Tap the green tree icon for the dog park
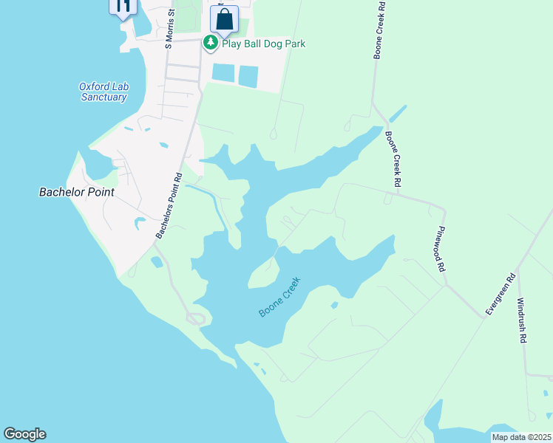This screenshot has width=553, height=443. pyautogui.click(x=211, y=43)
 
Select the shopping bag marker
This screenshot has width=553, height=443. pyautogui.click(x=224, y=19)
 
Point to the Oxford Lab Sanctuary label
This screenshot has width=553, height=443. pyautogui.click(x=104, y=92)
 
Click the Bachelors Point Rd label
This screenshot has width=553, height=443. pyautogui.click(x=169, y=206)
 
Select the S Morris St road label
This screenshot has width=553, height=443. pyautogui.click(x=170, y=28)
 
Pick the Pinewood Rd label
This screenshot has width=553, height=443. pyautogui.click(x=443, y=249)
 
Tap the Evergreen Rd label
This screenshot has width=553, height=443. pyautogui.click(x=500, y=295)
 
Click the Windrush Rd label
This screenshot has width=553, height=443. pyautogui.click(x=521, y=320)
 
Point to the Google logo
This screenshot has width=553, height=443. pyautogui.click(x=24, y=434)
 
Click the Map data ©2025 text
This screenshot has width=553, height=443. pyautogui.click(x=520, y=437)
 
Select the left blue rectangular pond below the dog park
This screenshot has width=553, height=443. pyautogui.click(x=223, y=72)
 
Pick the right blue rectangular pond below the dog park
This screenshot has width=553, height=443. pyautogui.click(x=248, y=75)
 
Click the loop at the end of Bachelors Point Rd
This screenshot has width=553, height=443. pyautogui.click(x=195, y=318)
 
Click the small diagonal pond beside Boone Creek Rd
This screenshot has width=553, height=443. pyautogui.click(x=398, y=114)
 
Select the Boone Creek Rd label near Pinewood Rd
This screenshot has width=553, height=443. pyautogui.click(x=392, y=159)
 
